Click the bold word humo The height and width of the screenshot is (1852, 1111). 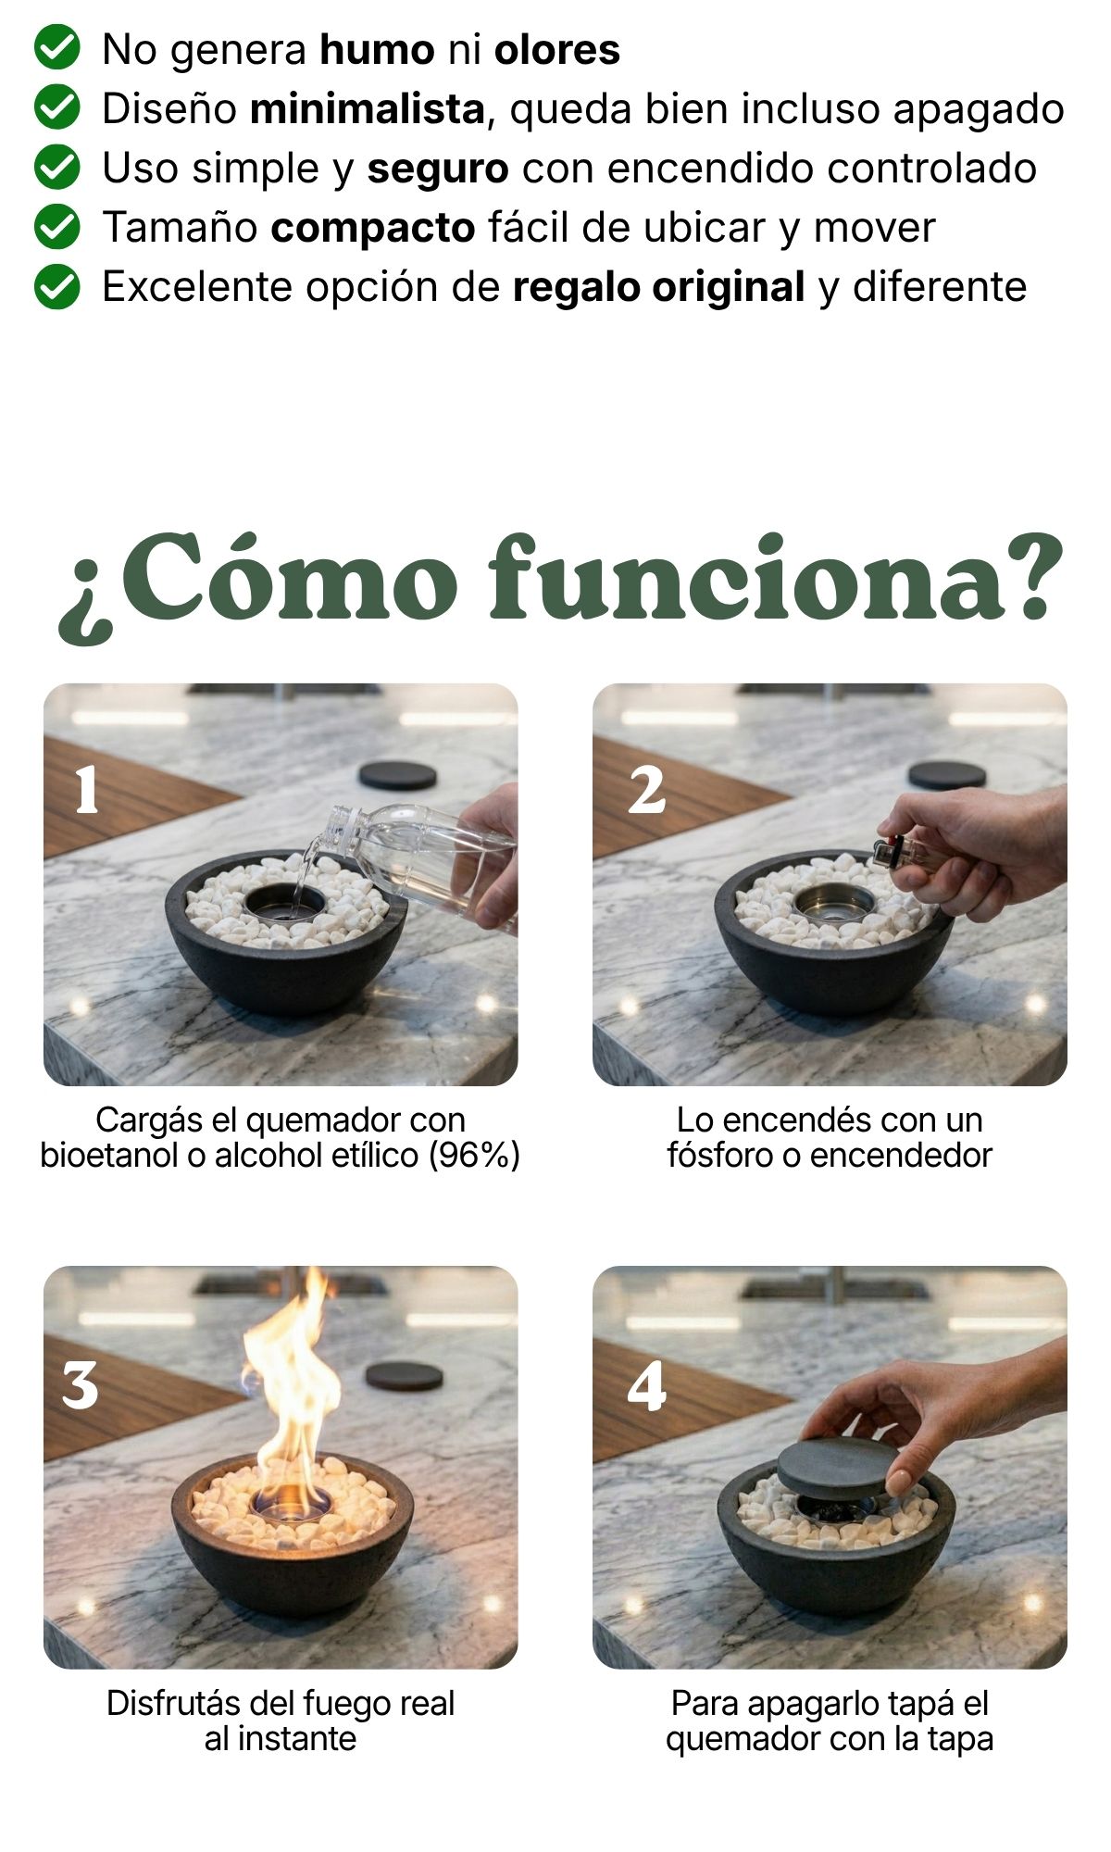[x=377, y=49]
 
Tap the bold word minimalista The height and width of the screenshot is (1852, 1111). [x=368, y=108]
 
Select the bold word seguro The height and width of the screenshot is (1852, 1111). [x=438, y=169]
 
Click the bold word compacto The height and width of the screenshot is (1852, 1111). [x=373, y=229]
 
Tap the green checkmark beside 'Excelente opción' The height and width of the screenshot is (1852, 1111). [x=56, y=286]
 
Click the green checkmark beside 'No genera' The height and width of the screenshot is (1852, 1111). [x=56, y=49]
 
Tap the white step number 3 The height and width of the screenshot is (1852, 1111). [x=81, y=1385]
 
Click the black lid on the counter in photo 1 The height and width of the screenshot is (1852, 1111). [x=397, y=775]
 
